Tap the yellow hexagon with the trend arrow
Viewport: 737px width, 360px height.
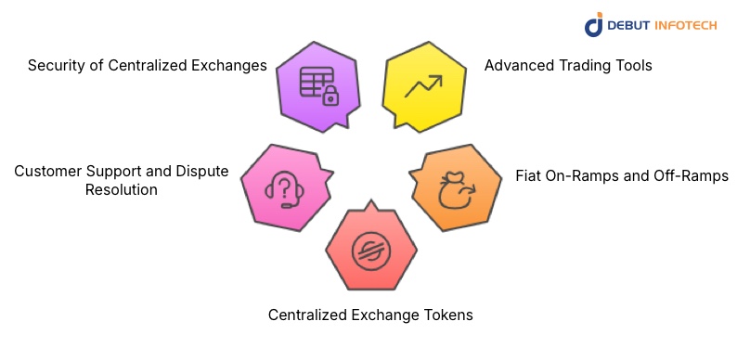click(422, 87)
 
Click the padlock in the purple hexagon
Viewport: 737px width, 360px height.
click(329, 96)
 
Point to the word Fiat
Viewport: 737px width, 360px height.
click(530, 175)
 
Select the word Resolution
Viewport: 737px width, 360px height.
click(120, 189)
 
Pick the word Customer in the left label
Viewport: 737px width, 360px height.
click(47, 171)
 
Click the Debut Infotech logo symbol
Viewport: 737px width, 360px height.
click(594, 24)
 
